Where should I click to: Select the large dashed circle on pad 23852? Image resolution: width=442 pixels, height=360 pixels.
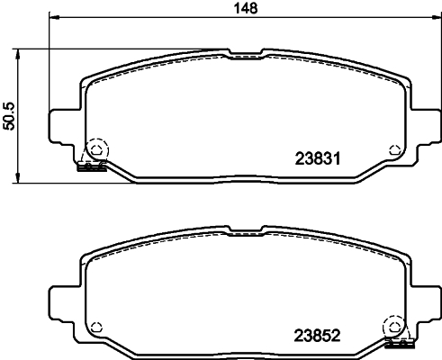coord(393,328)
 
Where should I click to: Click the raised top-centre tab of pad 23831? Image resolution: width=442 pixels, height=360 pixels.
coord(245,55)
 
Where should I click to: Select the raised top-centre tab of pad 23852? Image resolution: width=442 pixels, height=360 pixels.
coord(245,231)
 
